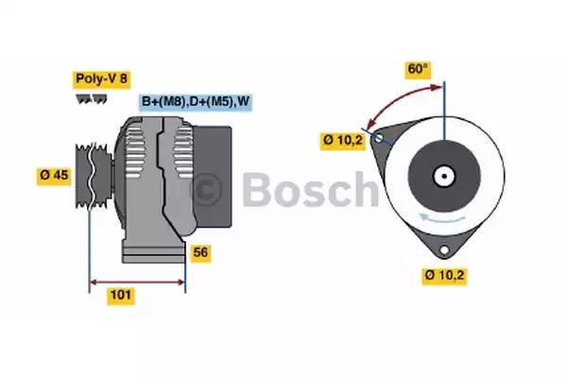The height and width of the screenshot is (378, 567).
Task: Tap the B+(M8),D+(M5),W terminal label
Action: pyautogui.click(x=197, y=101)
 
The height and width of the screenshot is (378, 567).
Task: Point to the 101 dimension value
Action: pyautogui.click(x=121, y=295)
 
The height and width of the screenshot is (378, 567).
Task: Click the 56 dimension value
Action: pyautogui.click(x=200, y=252)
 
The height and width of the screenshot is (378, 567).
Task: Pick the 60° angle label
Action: pyautogui.click(x=418, y=69)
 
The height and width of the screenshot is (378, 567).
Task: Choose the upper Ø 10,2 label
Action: pyautogui.click(x=341, y=142)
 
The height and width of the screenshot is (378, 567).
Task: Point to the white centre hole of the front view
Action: pyautogui.click(x=442, y=175)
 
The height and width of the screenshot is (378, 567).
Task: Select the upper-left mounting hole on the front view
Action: pyautogui.click(x=379, y=138)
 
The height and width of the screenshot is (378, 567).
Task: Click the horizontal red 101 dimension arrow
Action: pyautogui.click(x=136, y=281)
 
